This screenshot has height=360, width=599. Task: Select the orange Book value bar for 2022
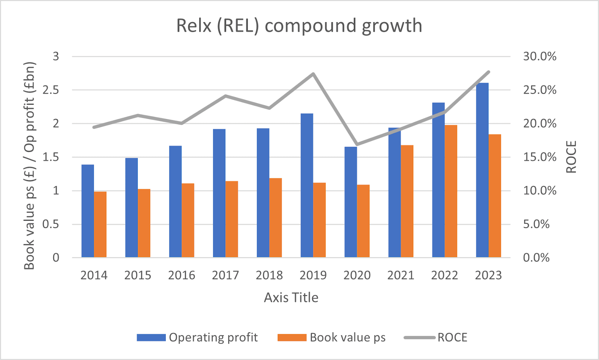coord(451,191)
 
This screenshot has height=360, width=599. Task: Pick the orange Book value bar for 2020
coord(363,221)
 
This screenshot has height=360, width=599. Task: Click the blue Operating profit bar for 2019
coord(307,185)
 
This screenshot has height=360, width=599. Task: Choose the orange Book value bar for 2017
coord(232,219)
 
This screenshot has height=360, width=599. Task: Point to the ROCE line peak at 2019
coord(313,74)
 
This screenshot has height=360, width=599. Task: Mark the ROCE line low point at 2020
coord(357,144)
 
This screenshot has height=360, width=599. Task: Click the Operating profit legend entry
coord(197,337)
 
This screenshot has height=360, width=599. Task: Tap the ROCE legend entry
coord(435,337)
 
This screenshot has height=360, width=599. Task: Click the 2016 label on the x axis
coord(182,275)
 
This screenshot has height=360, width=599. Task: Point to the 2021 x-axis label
coord(401,275)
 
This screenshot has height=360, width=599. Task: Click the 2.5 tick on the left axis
coord(51,90)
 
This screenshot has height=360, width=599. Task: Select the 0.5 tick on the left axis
coord(51,224)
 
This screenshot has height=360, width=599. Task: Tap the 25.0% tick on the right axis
coord(539,90)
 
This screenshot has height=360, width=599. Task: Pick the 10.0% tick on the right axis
coord(539,190)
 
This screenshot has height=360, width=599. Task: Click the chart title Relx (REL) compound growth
coord(299,25)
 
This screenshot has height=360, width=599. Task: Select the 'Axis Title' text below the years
coord(291,298)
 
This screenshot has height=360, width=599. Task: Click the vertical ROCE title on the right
coord(571,157)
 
